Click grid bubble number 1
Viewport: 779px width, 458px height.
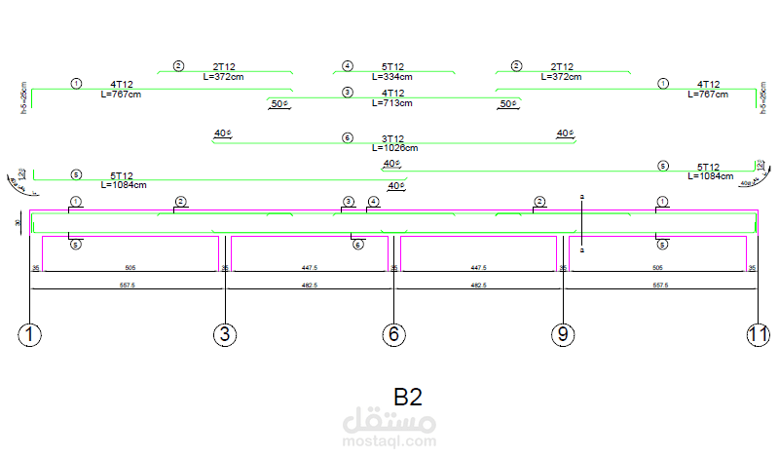(30, 335)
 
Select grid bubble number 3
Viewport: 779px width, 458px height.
(225, 335)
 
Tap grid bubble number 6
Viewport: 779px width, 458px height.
(393, 335)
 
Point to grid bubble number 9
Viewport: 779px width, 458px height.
(563, 335)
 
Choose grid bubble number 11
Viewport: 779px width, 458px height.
(758, 335)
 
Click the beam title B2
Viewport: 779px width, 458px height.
(407, 398)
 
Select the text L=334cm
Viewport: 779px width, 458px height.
(392, 76)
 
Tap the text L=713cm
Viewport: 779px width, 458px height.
(392, 102)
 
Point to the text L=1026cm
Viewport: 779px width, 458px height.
(394, 148)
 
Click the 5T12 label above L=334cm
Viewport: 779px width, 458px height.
(392, 66)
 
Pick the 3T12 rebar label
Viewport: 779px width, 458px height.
(392, 138)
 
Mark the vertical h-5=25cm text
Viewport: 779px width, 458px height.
(22, 98)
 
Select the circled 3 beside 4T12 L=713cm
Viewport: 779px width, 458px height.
(348, 92)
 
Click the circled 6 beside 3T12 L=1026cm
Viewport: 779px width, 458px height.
(348, 138)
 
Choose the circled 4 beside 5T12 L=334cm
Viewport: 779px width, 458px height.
(348, 66)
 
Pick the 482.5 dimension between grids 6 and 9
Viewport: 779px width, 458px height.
(478, 286)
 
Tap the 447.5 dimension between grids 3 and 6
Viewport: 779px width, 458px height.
(309, 266)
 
